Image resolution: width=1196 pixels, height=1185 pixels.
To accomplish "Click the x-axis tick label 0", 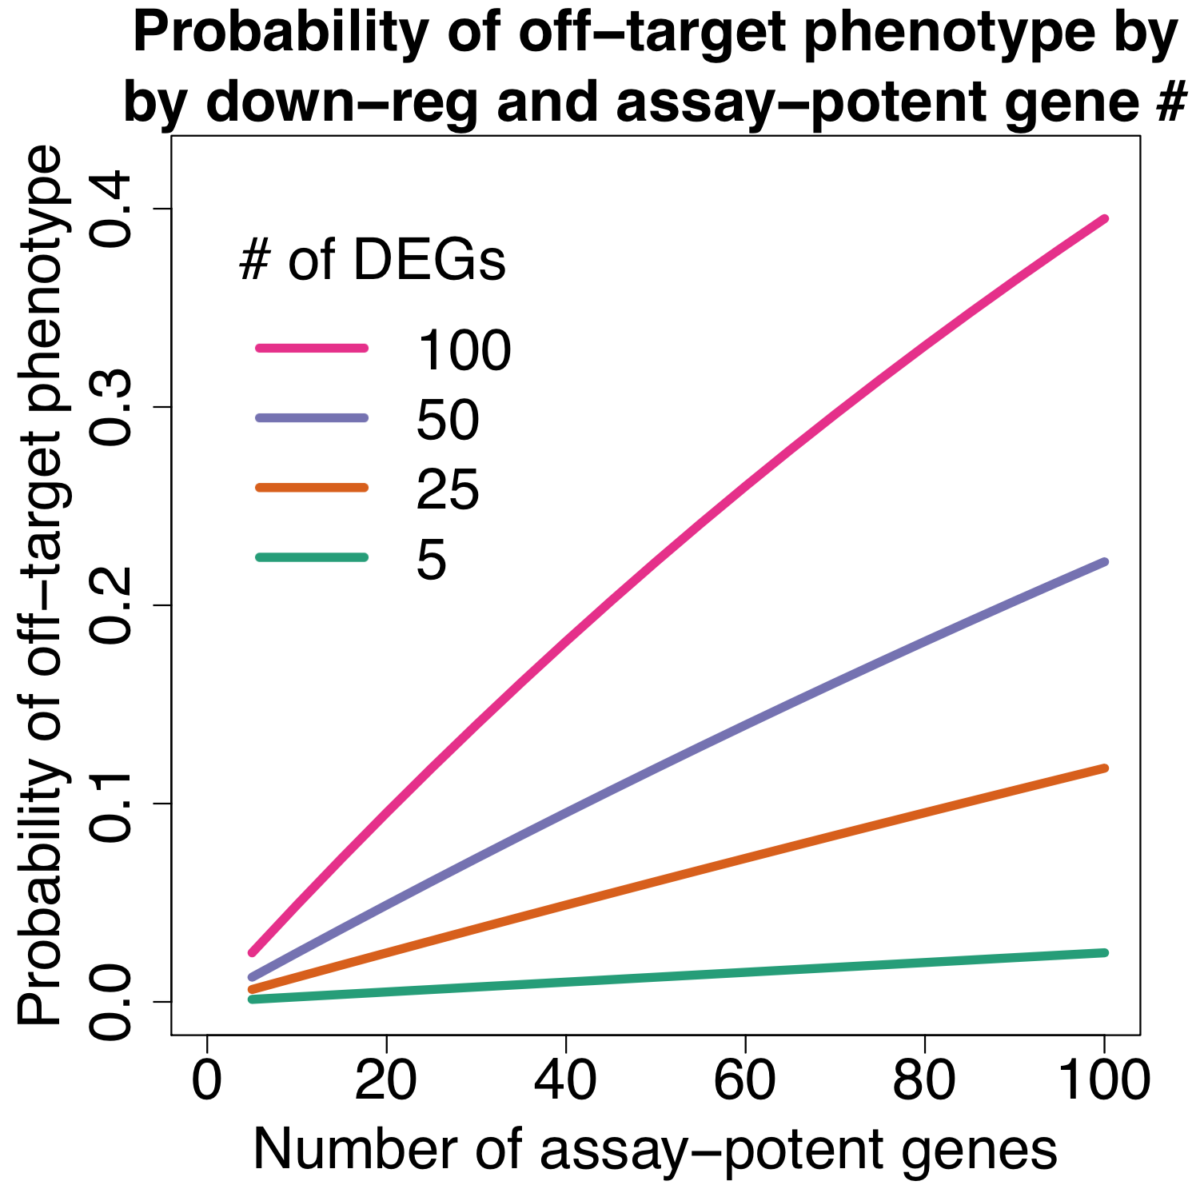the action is coord(207,1080).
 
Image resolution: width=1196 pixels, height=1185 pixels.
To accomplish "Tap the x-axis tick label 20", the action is coord(386,1080).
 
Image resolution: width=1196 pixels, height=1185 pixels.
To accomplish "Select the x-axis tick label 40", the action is coord(565,1080).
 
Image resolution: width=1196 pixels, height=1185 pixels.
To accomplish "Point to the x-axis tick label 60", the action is coord(745,1080).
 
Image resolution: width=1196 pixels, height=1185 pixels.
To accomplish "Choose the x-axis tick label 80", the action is coord(924,1080).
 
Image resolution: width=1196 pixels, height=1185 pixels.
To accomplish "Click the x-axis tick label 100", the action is coord(1104,1080).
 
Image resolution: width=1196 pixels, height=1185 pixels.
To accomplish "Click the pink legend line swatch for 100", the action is coord(312,348).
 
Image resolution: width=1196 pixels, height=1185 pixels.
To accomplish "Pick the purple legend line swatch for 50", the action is coord(312,417).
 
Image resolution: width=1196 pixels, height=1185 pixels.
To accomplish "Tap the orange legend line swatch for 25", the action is coord(312,487).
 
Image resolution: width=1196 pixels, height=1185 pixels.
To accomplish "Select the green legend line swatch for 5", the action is coord(312,557).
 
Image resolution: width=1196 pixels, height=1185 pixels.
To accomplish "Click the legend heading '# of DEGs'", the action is coord(373,261).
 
